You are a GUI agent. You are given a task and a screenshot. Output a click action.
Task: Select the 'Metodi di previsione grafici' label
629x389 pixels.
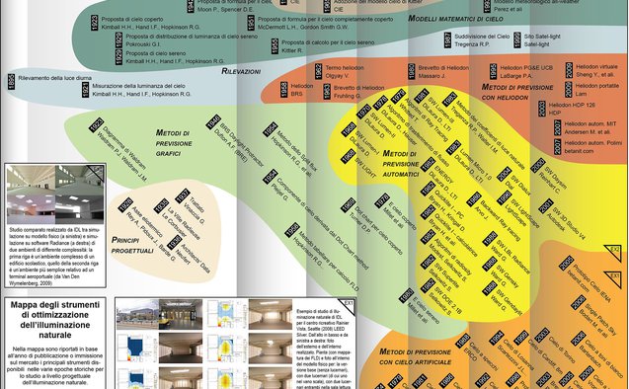(177, 137)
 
